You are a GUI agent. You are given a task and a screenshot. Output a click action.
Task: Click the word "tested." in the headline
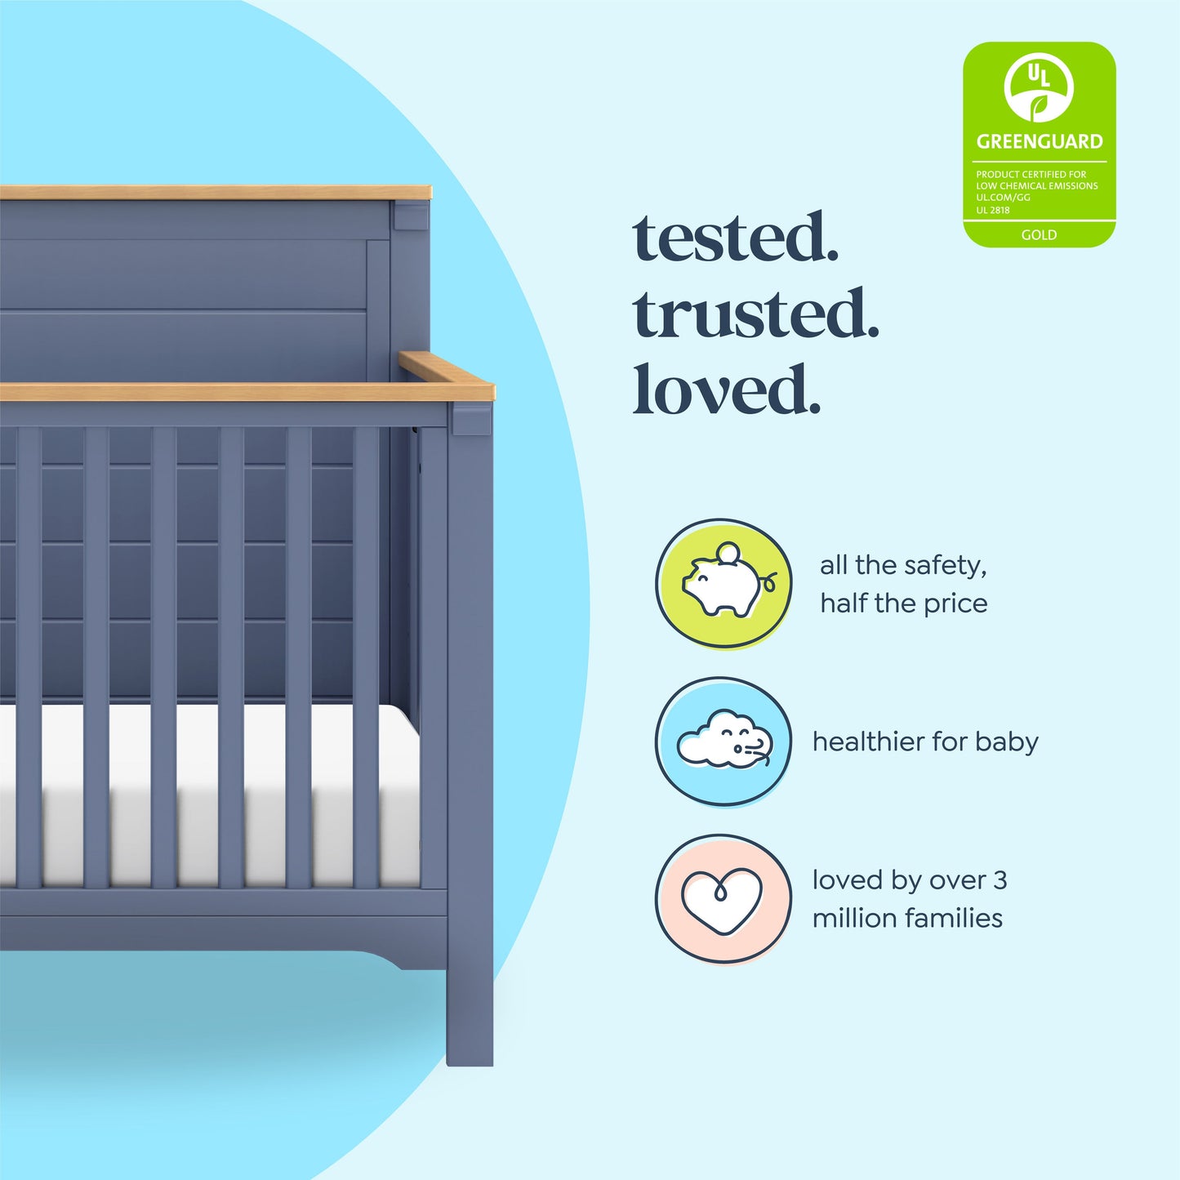[x=735, y=238]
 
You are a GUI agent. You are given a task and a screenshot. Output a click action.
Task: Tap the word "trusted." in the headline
[x=755, y=314]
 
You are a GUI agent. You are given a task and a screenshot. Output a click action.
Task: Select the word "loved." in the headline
[x=726, y=390]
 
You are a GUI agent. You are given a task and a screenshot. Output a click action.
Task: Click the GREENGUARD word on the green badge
[x=1039, y=141]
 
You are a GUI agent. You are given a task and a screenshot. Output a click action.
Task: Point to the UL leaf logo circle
[x=1039, y=87]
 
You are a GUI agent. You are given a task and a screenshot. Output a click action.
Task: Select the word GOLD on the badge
[x=1039, y=235]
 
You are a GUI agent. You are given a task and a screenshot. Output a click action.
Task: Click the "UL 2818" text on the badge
[x=993, y=210]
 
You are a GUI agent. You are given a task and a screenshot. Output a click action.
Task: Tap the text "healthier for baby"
[x=925, y=741]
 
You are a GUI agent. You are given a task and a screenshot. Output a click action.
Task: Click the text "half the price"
[x=903, y=603]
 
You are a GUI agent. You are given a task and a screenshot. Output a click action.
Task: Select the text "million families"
[x=907, y=918]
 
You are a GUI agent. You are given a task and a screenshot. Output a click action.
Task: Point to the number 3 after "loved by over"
[x=1000, y=880]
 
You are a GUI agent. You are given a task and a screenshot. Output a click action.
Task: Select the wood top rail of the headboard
[x=212, y=193]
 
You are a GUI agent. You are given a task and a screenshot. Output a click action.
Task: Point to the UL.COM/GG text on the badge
[x=1003, y=198]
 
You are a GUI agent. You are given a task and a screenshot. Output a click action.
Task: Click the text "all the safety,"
[x=903, y=565]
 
